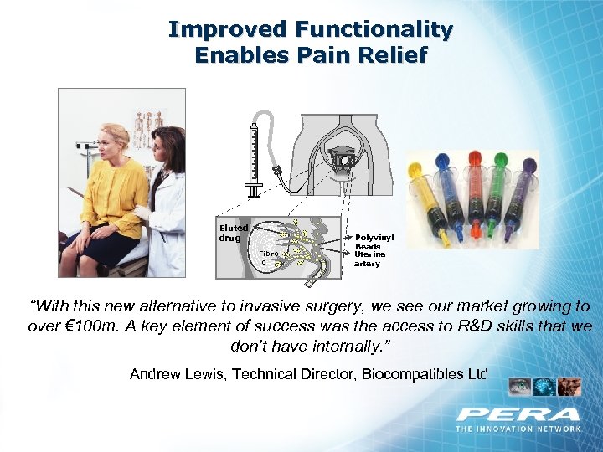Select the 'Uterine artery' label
[368, 259]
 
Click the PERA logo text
[518, 414]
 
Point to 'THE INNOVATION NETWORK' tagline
[518, 429]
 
